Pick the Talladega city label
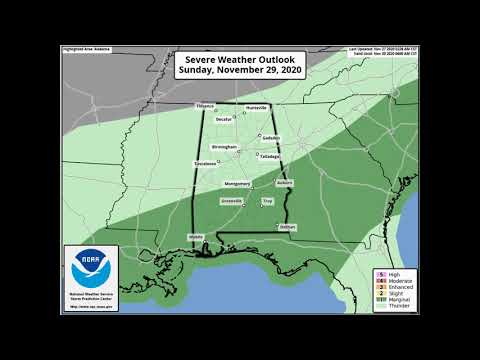click(269, 157)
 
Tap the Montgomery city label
click(237, 184)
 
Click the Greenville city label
click(232, 201)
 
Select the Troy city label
click(267, 201)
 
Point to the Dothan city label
click(286, 227)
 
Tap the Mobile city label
click(196, 237)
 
